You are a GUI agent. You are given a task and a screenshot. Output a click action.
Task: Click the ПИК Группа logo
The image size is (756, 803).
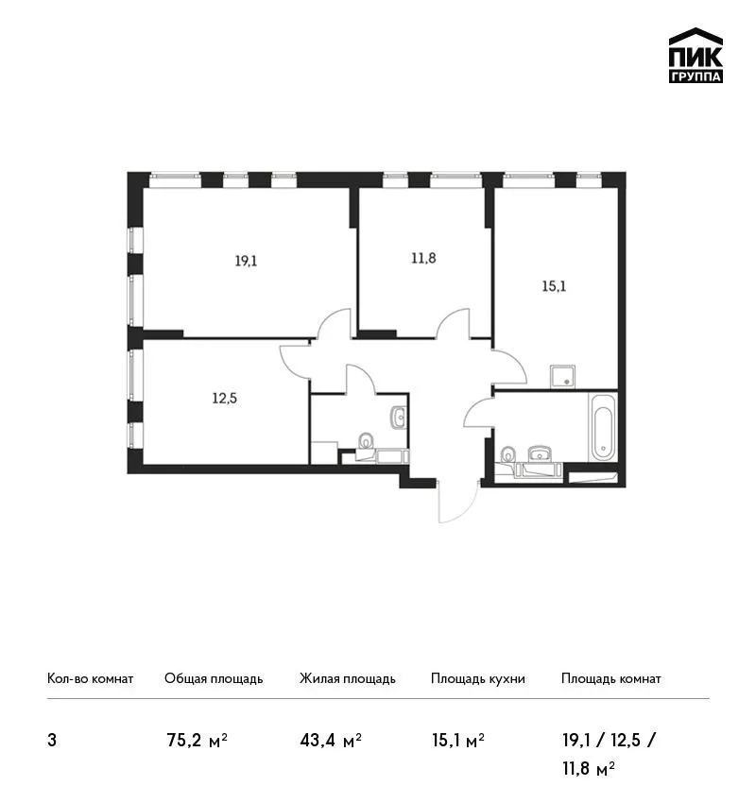696,56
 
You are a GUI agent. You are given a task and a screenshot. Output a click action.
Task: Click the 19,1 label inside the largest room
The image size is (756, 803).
246,261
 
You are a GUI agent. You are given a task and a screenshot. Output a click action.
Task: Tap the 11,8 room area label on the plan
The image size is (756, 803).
423,258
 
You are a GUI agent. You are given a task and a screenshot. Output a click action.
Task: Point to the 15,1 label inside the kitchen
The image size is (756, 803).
554,286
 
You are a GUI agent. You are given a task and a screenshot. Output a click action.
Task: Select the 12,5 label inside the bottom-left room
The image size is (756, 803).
224,398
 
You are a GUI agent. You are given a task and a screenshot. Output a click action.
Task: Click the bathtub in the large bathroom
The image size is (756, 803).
605,427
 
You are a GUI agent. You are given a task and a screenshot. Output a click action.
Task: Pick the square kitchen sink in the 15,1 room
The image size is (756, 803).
562,376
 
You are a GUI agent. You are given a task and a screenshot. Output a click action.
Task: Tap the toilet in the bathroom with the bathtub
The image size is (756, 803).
508,454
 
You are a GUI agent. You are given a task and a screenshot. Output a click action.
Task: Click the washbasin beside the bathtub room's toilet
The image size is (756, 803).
540,453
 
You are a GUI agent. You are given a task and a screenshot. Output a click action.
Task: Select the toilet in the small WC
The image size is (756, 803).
366,441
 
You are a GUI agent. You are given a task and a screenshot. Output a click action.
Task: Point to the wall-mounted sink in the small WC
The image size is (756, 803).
398,418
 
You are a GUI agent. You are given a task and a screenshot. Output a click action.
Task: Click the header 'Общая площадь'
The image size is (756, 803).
214,679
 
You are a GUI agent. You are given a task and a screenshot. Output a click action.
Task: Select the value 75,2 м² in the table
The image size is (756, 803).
197,741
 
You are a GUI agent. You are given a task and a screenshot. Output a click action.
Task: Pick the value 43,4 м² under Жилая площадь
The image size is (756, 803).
331,741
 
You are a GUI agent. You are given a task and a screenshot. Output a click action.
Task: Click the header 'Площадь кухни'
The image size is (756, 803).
478,679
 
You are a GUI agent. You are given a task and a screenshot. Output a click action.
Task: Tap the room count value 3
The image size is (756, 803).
52,741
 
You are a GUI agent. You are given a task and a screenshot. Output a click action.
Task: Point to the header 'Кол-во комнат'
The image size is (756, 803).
90,679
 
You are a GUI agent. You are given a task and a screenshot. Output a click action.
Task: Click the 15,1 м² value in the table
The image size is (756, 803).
458,741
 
